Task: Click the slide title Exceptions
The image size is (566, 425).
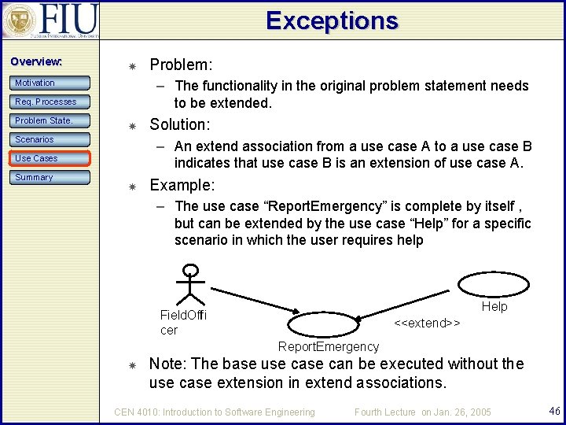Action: (x=332, y=20)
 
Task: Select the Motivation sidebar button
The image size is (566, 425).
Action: (x=51, y=83)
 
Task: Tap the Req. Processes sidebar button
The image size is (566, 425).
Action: (x=51, y=102)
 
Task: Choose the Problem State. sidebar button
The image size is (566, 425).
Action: (x=51, y=120)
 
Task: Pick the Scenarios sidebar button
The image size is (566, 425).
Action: (x=51, y=139)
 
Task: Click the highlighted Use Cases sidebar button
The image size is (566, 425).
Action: (x=51, y=158)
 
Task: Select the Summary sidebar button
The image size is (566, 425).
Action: (x=51, y=177)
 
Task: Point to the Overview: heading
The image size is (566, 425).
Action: (x=36, y=61)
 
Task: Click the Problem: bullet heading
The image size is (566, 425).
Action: (x=181, y=65)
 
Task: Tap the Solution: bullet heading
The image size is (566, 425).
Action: (x=179, y=125)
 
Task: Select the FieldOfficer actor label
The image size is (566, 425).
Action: (x=182, y=322)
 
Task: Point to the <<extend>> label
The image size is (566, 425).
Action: (x=427, y=323)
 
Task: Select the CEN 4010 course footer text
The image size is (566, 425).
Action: (x=215, y=412)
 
